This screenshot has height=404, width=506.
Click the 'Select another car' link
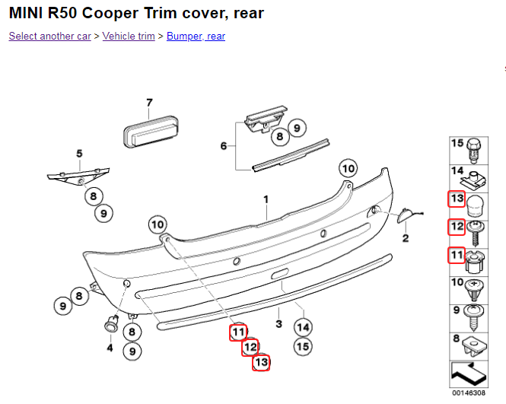coord(49,36)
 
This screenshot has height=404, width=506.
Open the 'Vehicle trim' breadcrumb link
coord(129,36)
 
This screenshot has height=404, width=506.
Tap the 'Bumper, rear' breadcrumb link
coord(196,36)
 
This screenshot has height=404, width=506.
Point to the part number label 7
coord(149,103)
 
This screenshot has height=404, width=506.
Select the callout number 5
coord(78,154)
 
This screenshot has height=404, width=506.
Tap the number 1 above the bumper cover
coord(266,199)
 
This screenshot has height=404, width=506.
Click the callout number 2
coord(406,239)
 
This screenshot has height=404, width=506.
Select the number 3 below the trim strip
coord(279,324)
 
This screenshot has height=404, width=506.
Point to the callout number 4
coord(110,348)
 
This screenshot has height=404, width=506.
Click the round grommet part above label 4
coord(110,323)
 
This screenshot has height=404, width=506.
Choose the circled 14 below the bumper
coord(303,328)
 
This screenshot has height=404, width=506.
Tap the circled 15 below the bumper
coord(303,346)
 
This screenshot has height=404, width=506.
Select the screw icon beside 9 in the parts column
coord(476,311)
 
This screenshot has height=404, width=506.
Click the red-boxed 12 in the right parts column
coord(457,226)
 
